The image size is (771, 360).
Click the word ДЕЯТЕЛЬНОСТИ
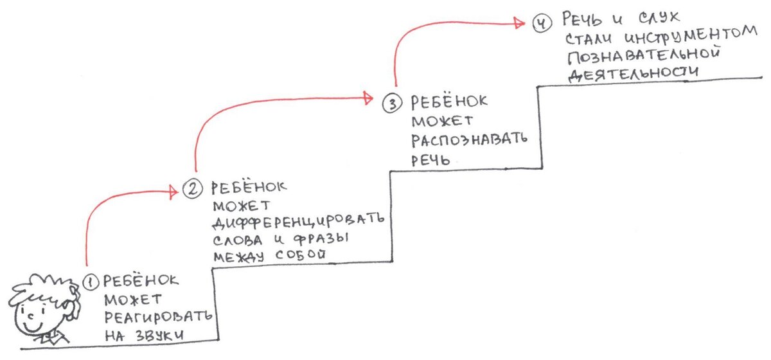(634, 73)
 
